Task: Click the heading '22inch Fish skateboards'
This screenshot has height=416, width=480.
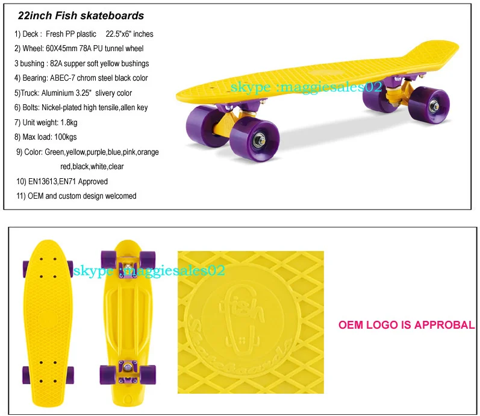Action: click(81, 16)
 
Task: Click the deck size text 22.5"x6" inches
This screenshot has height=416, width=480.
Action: click(129, 34)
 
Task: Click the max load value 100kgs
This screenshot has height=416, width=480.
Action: click(63, 137)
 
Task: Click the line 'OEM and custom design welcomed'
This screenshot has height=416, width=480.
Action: click(81, 196)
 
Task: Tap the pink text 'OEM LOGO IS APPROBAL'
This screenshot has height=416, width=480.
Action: click(406, 325)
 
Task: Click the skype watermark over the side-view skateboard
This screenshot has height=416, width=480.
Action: click(306, 87)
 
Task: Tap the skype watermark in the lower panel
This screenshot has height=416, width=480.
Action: click(149, 271)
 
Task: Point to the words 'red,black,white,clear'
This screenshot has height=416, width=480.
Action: click(92, 166)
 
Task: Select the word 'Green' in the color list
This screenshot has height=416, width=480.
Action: click(56, 152)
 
